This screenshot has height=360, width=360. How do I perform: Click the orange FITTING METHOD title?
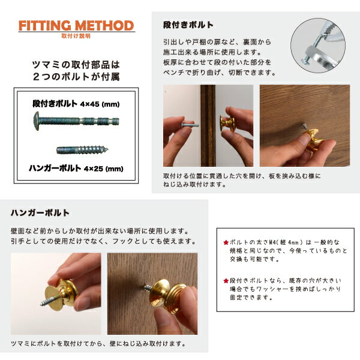tap(76, 25)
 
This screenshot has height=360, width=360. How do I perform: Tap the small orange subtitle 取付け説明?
tap(76, 36)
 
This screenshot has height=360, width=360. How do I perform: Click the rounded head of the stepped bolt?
tap(37, 121)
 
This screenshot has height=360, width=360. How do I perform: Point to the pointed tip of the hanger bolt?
tap(107, 150)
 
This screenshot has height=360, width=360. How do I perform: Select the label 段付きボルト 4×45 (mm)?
tap(76, 104)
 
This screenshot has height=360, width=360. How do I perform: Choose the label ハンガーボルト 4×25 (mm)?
tap(76, 169)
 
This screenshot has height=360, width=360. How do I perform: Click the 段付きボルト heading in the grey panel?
tap(188, 25)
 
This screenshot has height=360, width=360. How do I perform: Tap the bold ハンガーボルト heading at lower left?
tap(40, 212)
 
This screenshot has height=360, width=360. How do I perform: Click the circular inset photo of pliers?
tap(318, 46)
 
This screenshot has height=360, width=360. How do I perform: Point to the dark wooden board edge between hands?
tap(208, 125)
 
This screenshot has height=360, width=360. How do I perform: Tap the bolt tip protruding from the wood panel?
tap(304, 125)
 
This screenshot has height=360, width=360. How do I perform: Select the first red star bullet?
tap(226, 242)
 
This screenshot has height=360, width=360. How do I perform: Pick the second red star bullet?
tap(226, 281)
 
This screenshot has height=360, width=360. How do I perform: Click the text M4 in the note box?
tap(272, 242)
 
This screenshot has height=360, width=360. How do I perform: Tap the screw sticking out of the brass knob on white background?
tap(49, 301)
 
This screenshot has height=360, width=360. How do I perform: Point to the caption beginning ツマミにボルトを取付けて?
tap(98, 344)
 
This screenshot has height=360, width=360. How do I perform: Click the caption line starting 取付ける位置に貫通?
tap(242, 176)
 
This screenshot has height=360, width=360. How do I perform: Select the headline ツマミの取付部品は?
tap(76, 65)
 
